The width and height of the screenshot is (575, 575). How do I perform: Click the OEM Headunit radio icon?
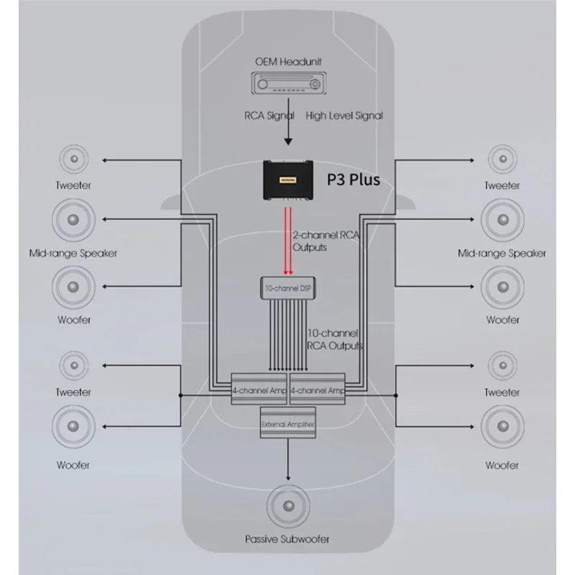pyautogui.click(x=289, y=83)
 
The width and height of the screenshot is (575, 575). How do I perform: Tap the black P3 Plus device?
pyautogui.click(x=288, y=180)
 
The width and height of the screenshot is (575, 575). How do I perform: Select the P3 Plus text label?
pyautogui.click(x=354, y=179)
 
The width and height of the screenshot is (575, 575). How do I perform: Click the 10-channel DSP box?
pyautogui.click(x=288, y=288)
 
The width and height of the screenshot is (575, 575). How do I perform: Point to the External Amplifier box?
pyautogui.click(x=288, y=423)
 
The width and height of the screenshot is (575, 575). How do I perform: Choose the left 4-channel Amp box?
pyautogui.click(x=259, y=389)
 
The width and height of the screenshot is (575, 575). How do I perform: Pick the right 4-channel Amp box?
pyautogui.click(x=318, y=389)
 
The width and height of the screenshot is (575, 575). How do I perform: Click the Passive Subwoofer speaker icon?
pyautogui.click(x=288, y=506)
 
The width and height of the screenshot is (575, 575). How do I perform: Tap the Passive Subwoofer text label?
pyautogui.click(x=287, y=539)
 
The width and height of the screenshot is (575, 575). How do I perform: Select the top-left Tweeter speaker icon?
pyautogui.click(x=74, y=159)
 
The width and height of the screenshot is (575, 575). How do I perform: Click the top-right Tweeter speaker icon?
pyautogui.click(x=502, y=159)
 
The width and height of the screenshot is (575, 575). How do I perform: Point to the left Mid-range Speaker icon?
pyautogui.click(x=73, y=220)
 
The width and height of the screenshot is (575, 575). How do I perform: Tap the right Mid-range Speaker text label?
pyautogui.click(x=502, y=253)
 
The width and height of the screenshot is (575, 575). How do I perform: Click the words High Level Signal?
pyautogui.click(x=344, y=116)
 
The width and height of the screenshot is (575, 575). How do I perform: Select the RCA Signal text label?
pyautogui.click(x=270, y=116)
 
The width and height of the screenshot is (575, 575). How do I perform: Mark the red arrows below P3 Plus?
pyautogui.click(x=288, y=241)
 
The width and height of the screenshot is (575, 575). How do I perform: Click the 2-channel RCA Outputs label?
pyautogui.click(x=326, y=241)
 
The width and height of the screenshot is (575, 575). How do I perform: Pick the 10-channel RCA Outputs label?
pyautogui.click(x=335, y=339)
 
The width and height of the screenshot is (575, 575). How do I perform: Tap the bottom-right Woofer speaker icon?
pyautogui.click(x=502, y=426)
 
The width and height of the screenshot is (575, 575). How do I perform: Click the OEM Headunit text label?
pyautogui.click(x=288, y=62)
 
